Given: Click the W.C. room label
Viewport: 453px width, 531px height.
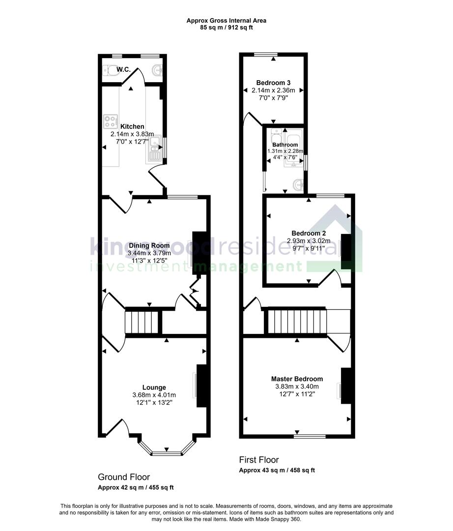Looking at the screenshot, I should point(123,69).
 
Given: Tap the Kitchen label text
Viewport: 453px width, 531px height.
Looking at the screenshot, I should point(132,126).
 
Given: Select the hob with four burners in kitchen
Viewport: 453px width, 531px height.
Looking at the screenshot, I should point(111,120).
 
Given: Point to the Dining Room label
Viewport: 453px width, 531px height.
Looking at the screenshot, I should point(149,245).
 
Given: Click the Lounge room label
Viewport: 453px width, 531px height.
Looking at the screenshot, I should point(154,387).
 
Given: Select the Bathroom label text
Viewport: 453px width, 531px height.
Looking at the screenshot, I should point(285,145).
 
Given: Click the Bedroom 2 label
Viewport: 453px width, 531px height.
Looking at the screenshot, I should point(309,233).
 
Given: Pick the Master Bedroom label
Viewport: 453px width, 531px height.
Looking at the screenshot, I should point(297,379).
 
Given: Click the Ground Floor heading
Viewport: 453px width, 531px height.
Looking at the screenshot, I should point(124,477).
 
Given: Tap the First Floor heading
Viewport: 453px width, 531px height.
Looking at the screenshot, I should point(259,460).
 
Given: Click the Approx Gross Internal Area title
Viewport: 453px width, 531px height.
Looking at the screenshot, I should point(226,21).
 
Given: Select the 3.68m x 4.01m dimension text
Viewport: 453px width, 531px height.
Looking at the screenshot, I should point(154,395).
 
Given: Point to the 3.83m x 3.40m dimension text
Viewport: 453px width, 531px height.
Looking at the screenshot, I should point(297,386).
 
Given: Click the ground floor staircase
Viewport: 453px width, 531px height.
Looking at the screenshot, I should point(143,322).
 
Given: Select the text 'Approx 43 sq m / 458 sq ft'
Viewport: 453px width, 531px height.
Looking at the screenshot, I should point(277,471).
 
